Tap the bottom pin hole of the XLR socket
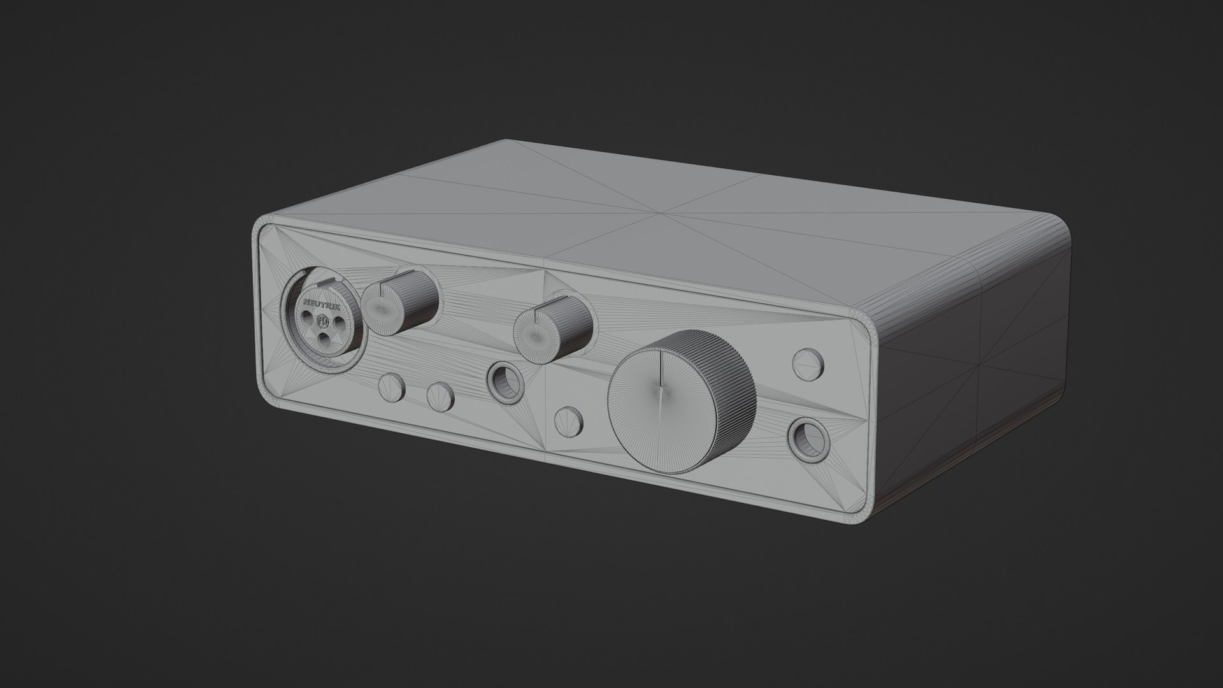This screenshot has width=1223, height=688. pos(325,339)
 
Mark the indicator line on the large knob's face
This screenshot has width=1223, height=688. pos(663,376)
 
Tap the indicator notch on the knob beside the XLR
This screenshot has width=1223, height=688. pos(382,290)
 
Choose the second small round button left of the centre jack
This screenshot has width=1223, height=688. pos(440,396)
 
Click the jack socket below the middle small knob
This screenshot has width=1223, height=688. pos(506,383)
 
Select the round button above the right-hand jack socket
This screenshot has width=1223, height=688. pos(808,363)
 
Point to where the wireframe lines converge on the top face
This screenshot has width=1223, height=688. pos(662,212)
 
